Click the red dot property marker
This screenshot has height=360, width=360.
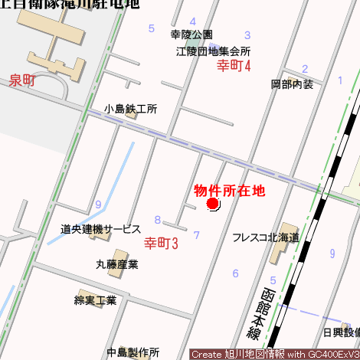pos(213,204)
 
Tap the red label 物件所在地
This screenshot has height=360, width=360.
pos(229,190)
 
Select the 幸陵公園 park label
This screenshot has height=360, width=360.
pos(191,35)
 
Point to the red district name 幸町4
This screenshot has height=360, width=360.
pos(234,66)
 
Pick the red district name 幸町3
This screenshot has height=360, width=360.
pos(161,244)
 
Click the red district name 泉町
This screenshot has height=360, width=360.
pos(22,80)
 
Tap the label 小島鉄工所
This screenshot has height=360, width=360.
pos(131,110)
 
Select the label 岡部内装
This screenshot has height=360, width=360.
pos(292,84)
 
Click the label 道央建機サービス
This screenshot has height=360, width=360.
pos(101,229)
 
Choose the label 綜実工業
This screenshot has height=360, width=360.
pos(95,300)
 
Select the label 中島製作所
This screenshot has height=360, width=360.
pos(133,352)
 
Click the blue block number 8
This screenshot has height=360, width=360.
pos(157,220)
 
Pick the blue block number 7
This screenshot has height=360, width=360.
pos(196,235)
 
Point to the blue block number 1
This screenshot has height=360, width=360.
pos(339,80)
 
